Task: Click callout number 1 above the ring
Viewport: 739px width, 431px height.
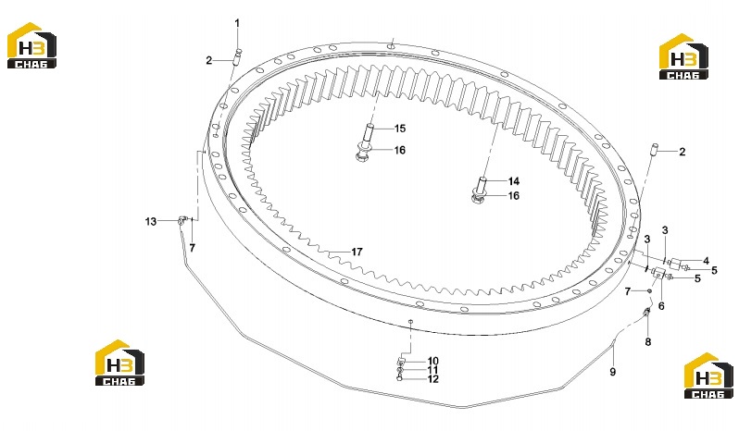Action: pyautogui.click(x=237, y=22)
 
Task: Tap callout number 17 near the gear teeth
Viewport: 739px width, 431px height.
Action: pyautogui.click(x=357, y=252)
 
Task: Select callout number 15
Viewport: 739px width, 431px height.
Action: pyautogui.click(x=400, y=129)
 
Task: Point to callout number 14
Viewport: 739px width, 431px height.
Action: pyautogui.click(x=514, y=181)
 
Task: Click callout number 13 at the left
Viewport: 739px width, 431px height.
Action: pyautogui.click(x=151, y=221)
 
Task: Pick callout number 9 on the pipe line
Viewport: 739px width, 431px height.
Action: pyautogui.click(x=613, y=372)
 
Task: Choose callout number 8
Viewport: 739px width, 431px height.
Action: pyautogui.click(x=648, y=342)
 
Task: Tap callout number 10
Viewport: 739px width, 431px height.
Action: pyautogui.click(x=432, y=362)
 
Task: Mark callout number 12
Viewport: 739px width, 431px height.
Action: pyautogui.click(x=432, y=379)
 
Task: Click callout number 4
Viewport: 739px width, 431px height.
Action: pyautogui.click(x=706, y=261)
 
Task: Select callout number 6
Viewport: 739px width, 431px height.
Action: pyautogui.click(x=661, y=306)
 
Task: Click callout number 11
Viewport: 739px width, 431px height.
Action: pyautogui.click(x=432, y=370)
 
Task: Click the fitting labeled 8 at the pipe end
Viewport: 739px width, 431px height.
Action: pyautogui.click(x=646, y=312)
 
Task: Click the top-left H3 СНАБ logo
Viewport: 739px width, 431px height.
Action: pyautogui.click(x=31, y=45)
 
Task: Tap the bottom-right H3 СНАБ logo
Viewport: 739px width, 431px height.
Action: pyautogui.click(x=708, y=376)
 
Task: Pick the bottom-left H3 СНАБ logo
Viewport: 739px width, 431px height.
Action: pyautogui.click(x=119, y=363)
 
